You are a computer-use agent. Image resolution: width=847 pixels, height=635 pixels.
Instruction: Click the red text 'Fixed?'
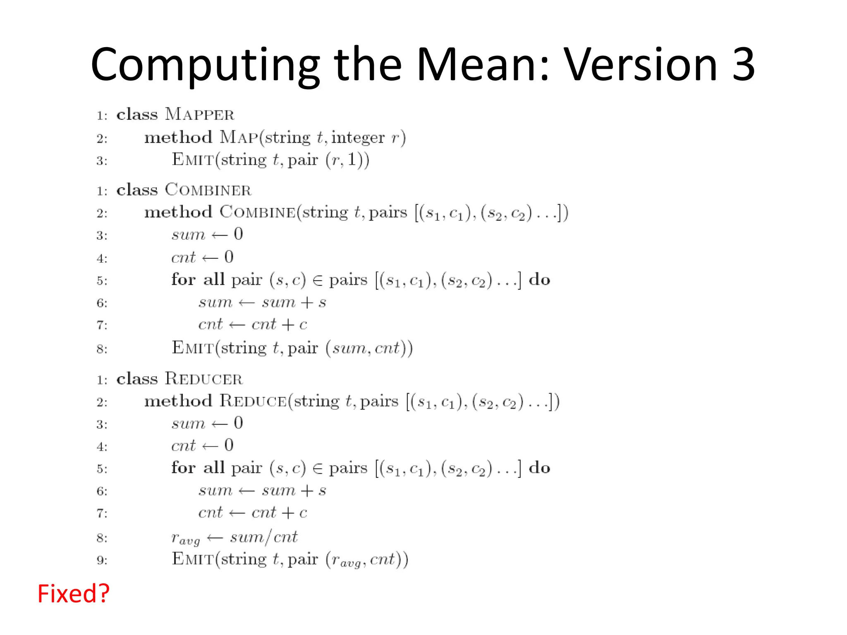(x=73, y=594)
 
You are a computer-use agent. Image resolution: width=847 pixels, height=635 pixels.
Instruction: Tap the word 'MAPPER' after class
(x=199, y=115)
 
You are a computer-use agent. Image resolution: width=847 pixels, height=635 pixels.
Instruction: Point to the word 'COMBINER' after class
(x=208, y=190)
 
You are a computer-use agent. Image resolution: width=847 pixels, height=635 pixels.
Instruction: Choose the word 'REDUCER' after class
(x=203, y=379)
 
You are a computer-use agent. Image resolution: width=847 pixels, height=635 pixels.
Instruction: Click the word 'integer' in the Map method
(x=358, y=138)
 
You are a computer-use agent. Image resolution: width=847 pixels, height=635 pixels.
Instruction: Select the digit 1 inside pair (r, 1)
(x=352, y=160)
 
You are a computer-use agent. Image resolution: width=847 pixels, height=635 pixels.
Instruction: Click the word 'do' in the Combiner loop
(x=539, y=280)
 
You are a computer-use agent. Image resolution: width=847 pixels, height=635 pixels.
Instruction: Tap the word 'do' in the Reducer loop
(x=539, y=468)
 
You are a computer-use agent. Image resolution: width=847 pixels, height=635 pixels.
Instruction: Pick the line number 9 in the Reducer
(x=101, y=560)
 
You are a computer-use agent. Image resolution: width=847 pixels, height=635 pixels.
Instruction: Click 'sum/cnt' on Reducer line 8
(x=263, y=537)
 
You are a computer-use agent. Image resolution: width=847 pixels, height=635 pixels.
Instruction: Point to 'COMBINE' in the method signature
(x=257, y=212)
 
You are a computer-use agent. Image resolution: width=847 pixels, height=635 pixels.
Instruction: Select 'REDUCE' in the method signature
(x=253, y=401)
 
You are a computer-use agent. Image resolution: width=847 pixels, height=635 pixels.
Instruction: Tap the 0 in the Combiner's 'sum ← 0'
(x=238, y=234)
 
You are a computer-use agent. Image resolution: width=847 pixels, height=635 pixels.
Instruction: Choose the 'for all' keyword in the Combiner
(x=198, y=280)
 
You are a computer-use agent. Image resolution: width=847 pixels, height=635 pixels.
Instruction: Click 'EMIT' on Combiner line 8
(x=193, y=348)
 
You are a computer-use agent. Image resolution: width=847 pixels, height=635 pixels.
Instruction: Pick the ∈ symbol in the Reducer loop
(x=318, y=468)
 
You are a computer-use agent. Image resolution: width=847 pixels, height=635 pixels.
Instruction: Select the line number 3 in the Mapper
(x=101, y=161)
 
